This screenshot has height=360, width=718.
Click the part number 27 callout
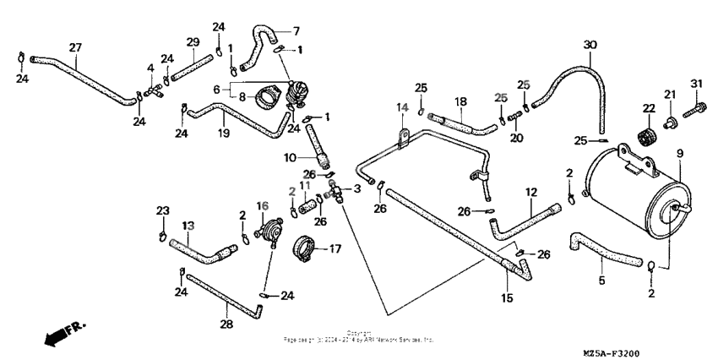coord(75,47)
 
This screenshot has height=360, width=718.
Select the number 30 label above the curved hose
coord(590,45)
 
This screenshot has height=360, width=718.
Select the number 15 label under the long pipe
coord(507,298)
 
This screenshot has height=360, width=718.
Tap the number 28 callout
coord(226,324)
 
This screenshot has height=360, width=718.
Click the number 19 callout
coord(225,133)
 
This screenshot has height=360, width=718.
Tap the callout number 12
coord(531,194)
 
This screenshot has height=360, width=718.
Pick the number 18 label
coord(461,101)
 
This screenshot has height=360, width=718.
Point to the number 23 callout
coord(163,210)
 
